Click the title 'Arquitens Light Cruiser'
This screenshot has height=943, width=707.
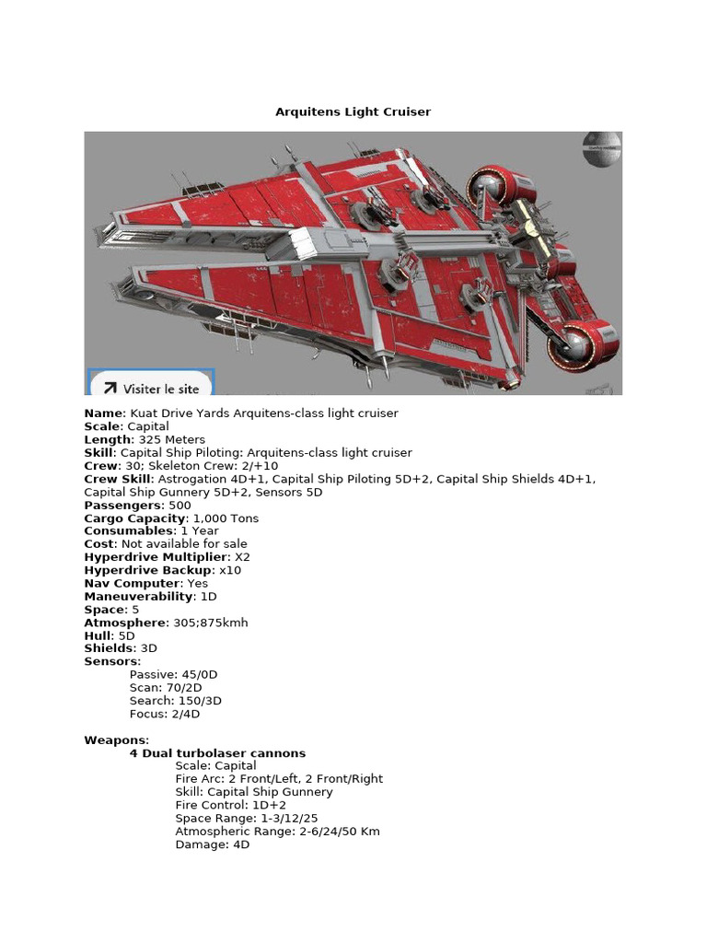(353, 111)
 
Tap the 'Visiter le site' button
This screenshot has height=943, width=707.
(151, 388)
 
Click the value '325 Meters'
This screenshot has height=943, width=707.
(172, 440)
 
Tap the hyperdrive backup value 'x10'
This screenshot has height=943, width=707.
(230, 570)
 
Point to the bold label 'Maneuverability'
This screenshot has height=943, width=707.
(138, 596)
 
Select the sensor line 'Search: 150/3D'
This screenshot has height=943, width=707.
(176, 701)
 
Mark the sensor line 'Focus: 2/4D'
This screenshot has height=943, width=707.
(165, 714)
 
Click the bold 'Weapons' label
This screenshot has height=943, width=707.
(115, 739)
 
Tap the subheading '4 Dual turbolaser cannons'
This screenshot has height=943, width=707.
(217, 753)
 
